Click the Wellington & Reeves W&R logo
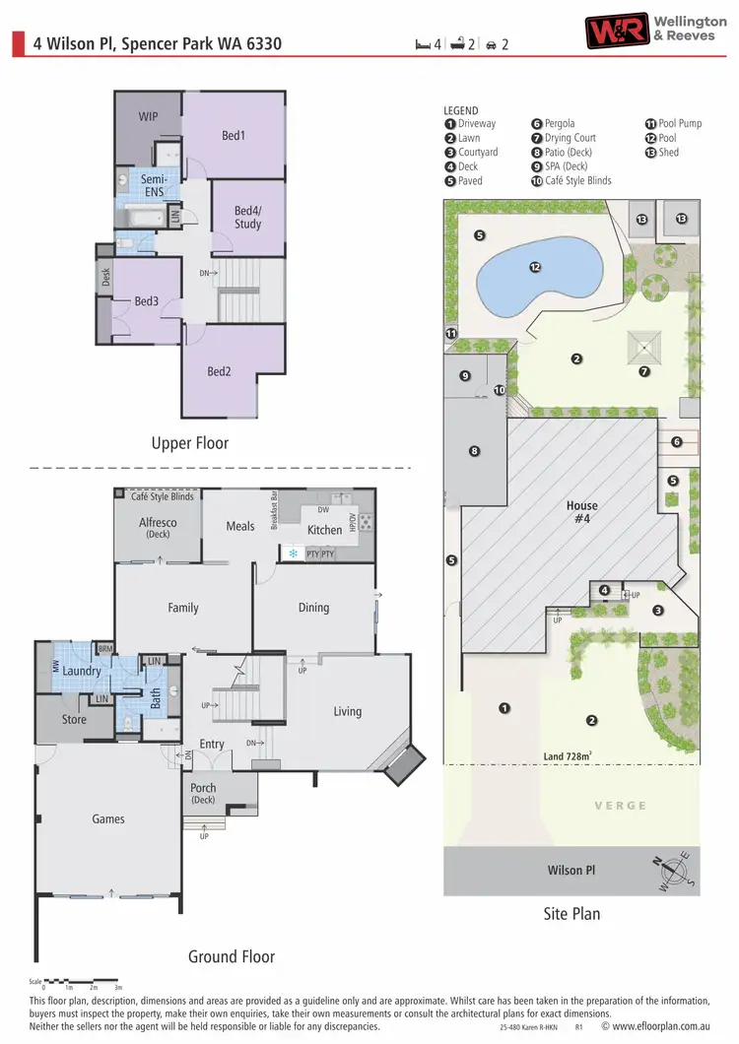(x=618, y=31)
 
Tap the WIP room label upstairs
(x=148, y=116)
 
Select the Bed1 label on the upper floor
(x=233, y=135)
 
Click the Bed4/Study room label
(x=247, y=218)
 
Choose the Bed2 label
(x=219, y=371)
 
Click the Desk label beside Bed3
(x=104, y=279)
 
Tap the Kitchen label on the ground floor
(x=324, y=530)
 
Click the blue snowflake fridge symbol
(x=293, y=555)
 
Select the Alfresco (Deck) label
(x=158, y=529)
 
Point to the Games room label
(x=108, y=818)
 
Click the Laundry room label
(x=82, y=671)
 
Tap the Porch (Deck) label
(x=204, y=794)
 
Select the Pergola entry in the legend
(x=559, y=124)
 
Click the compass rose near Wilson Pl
(x=674, y=873)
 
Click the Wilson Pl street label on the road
(x=571, y=870)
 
